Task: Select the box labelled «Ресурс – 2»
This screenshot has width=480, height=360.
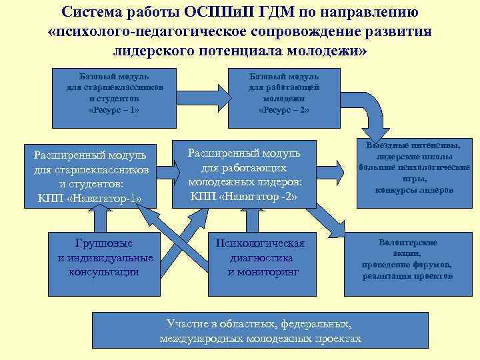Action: click(x=283, y=97)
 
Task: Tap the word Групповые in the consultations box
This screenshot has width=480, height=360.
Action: click(x=105, y=243)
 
